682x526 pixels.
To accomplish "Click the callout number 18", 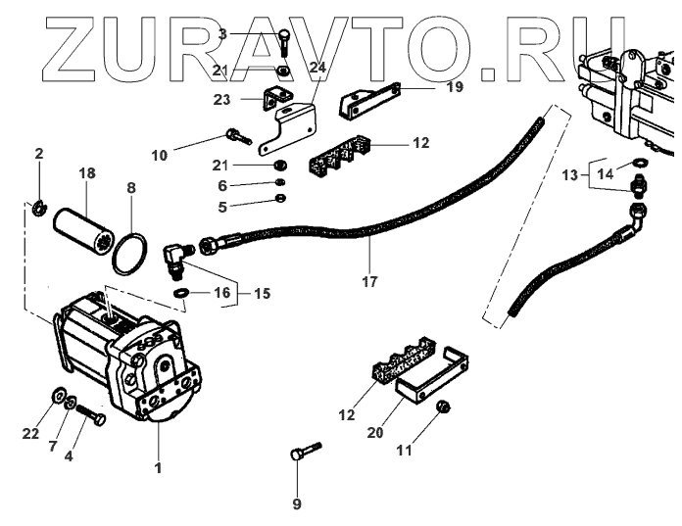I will [x=87, y=173].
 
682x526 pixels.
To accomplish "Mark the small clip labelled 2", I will [x=38, y=206].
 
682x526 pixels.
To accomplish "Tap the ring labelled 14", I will [x=637, y=162].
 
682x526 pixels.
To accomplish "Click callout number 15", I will [x=264, y=293].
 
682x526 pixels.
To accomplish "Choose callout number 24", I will [x=317, y=68].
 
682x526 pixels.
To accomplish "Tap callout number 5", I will [x=221, y=208].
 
